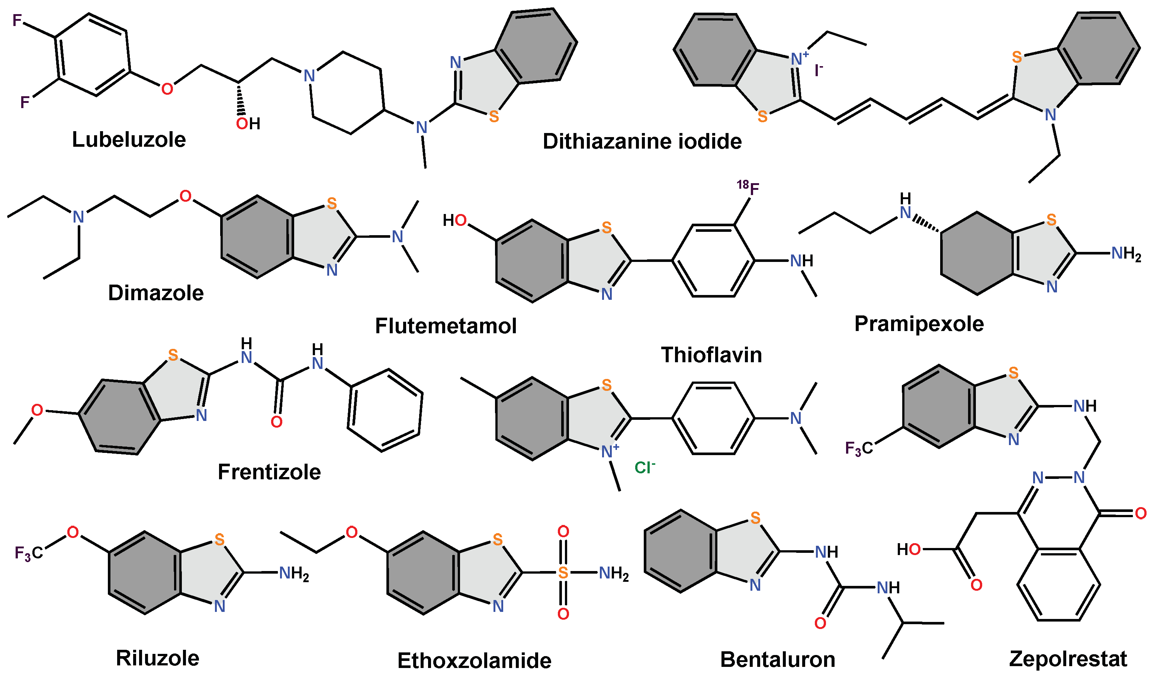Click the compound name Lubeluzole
point(129,139)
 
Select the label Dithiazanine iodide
point(642,141)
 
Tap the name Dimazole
point(156,293)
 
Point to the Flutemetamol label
point(446,326)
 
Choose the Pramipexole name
point(919,324)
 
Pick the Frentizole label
point(269,472)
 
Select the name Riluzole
point(158,658)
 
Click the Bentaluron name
point(777,659)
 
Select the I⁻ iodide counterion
point(818,70)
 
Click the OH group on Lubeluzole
point(248,123)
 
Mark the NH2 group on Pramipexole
point(1126,253)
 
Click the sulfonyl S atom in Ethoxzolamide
point(563,572)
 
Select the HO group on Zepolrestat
point(908,549)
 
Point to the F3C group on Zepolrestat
point(858,448)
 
